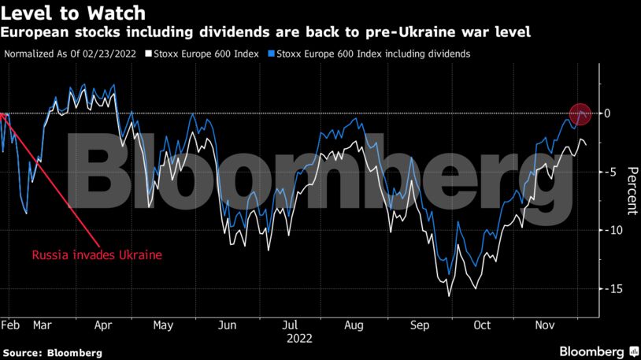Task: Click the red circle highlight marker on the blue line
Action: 580,114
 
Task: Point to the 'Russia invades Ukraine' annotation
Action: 96,255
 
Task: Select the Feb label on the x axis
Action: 10,325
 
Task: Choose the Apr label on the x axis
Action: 102,325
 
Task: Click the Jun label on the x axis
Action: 227,325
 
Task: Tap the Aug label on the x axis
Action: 354,325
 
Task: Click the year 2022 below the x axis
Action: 298,338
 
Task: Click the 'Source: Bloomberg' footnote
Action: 52,354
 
